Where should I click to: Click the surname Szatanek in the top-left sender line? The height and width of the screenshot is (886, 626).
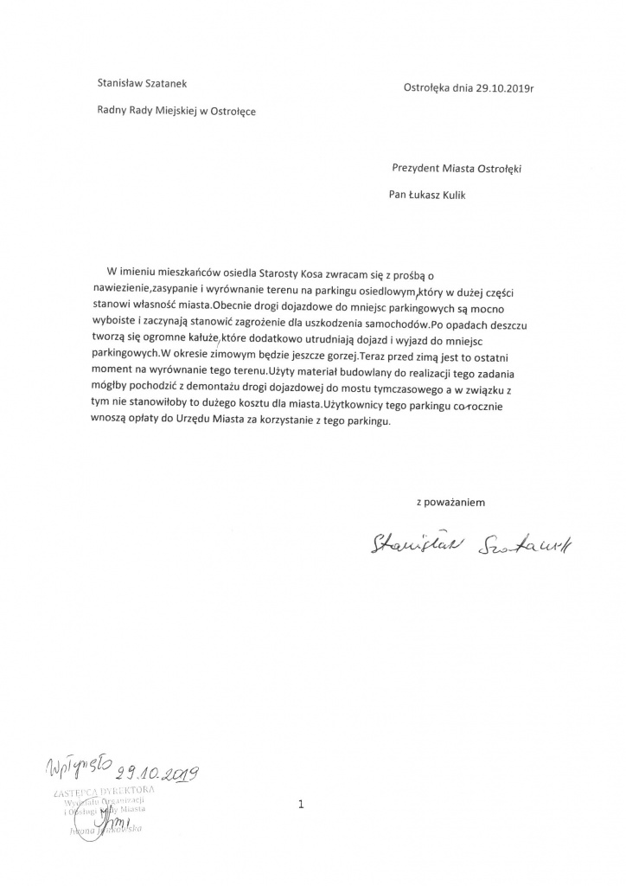click(167, 84)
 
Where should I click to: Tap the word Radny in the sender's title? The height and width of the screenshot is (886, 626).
click(113, 112)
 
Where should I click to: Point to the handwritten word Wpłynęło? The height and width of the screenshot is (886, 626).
click(79, 764)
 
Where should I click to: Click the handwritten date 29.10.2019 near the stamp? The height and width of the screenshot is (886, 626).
click(161, 771)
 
